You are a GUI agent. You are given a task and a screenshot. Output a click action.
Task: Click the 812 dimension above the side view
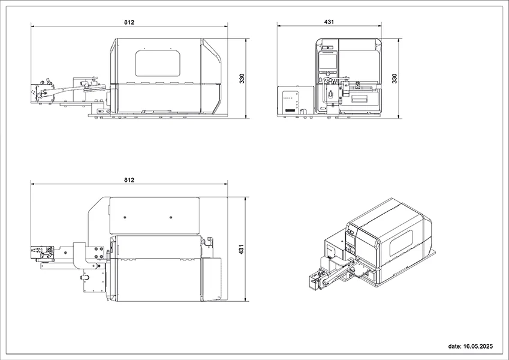(129, 22)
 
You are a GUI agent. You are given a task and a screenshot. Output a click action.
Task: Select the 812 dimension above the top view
(129, 179)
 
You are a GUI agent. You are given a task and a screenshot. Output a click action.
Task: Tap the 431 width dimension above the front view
(329, 22)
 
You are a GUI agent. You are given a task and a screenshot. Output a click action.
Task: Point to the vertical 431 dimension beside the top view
(241, 249)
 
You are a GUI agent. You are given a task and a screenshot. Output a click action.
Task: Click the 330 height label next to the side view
(242, 79)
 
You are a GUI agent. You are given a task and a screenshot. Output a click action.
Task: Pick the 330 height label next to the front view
(394, 79)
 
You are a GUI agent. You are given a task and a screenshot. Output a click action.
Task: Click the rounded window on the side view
(158, 64)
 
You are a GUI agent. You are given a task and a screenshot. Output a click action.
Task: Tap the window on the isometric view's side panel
(401, 243)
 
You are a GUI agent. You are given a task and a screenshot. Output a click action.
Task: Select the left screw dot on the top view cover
(125, 217)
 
